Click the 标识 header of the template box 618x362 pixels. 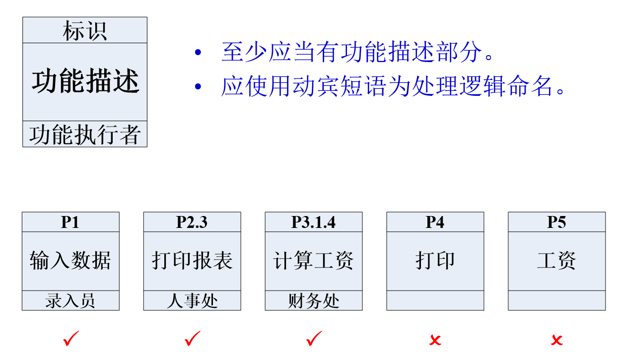pyautogui.click(x=85, y=31)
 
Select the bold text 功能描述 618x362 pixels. pyautogui.click(x=85, y=81)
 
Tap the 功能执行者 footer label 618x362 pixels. pyautogui.click(x=85, y=135)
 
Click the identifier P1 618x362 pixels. pyautogui.click(x=70, y=222)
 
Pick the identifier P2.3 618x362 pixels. pyautogui.click(x=192, y=222)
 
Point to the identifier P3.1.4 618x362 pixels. pyautogui.click(x=313, y=222)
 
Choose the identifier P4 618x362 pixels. pyautogui.click(x=435, y=222)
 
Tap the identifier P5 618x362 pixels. pyautogui.click(x=556, y=222)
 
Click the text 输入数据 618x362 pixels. pyautogui.click(x=70, y=261)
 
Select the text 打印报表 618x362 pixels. pyautogui.click(x=192, y=261)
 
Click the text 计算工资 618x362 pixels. pyautogui.click(x=313, y=261)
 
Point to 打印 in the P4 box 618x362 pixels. pyautogui.click(x=435, y=261)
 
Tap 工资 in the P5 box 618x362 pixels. pyautogui.click(x=556, y=261)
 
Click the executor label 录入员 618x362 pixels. pyautogui.click(x=70, y=301)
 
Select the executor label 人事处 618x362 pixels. pyautogui.click(x=192, y=301)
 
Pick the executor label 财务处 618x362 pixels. pyautogui.click(x=313, y=301)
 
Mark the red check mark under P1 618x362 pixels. pyautogui.click(x=71, y=339)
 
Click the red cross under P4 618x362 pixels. pyautogui.click(x=435, y=340)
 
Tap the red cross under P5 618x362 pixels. pyautogui.click(x=556, y=340)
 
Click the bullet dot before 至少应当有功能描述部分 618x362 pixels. pyautogui.click(x=199, y=52)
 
